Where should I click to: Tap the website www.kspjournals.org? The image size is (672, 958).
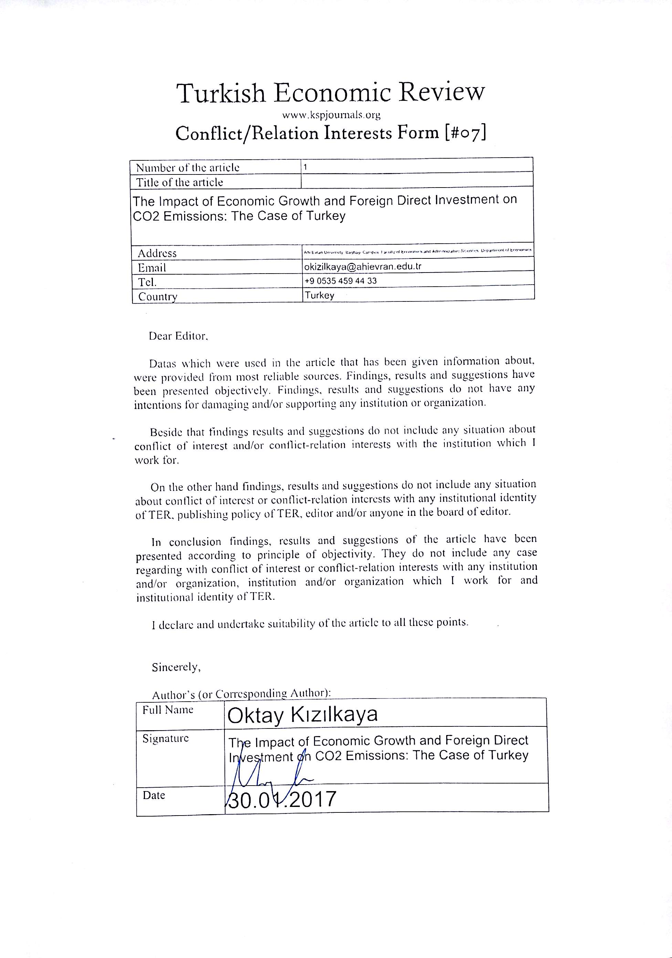click(x=332, y=115)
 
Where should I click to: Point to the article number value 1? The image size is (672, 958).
click(x=305, y=167)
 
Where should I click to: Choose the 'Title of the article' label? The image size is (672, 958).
click(x=179, y=182)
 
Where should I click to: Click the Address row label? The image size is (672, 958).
click(x=157, y=253)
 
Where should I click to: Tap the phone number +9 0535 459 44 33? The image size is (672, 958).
click(x=340, y=281)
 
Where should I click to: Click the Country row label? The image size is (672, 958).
click(x=158, y=297)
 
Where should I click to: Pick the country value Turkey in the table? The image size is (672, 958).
click(x=319, y=295)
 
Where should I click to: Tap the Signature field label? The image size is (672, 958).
click(x=166, y=738)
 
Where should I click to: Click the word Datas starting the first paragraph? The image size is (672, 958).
click(x=163, y=363)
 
